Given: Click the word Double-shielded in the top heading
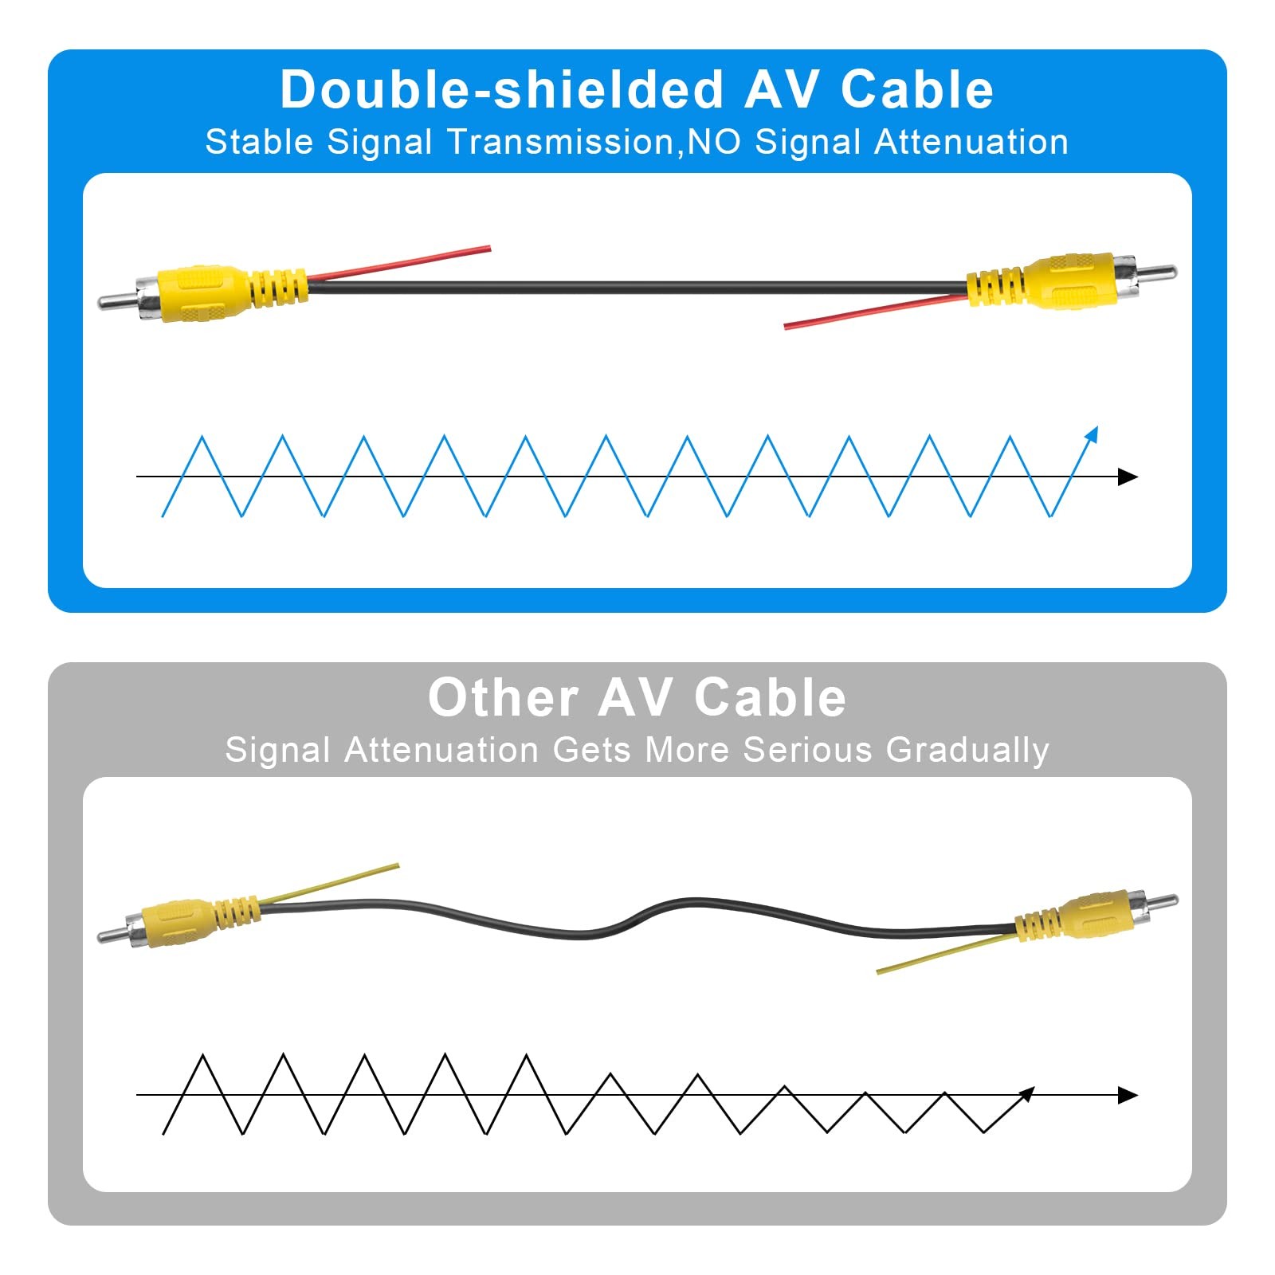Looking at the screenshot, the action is (501, 89).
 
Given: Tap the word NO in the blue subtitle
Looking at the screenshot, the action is (714, 143).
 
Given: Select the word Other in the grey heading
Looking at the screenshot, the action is (503, 698).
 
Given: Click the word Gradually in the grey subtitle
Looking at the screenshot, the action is (967, 751).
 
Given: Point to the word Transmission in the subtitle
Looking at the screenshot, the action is (560, 143).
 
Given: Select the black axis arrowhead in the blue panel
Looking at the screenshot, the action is (1128, 477).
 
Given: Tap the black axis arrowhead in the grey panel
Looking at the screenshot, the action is (1128, 1095).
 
